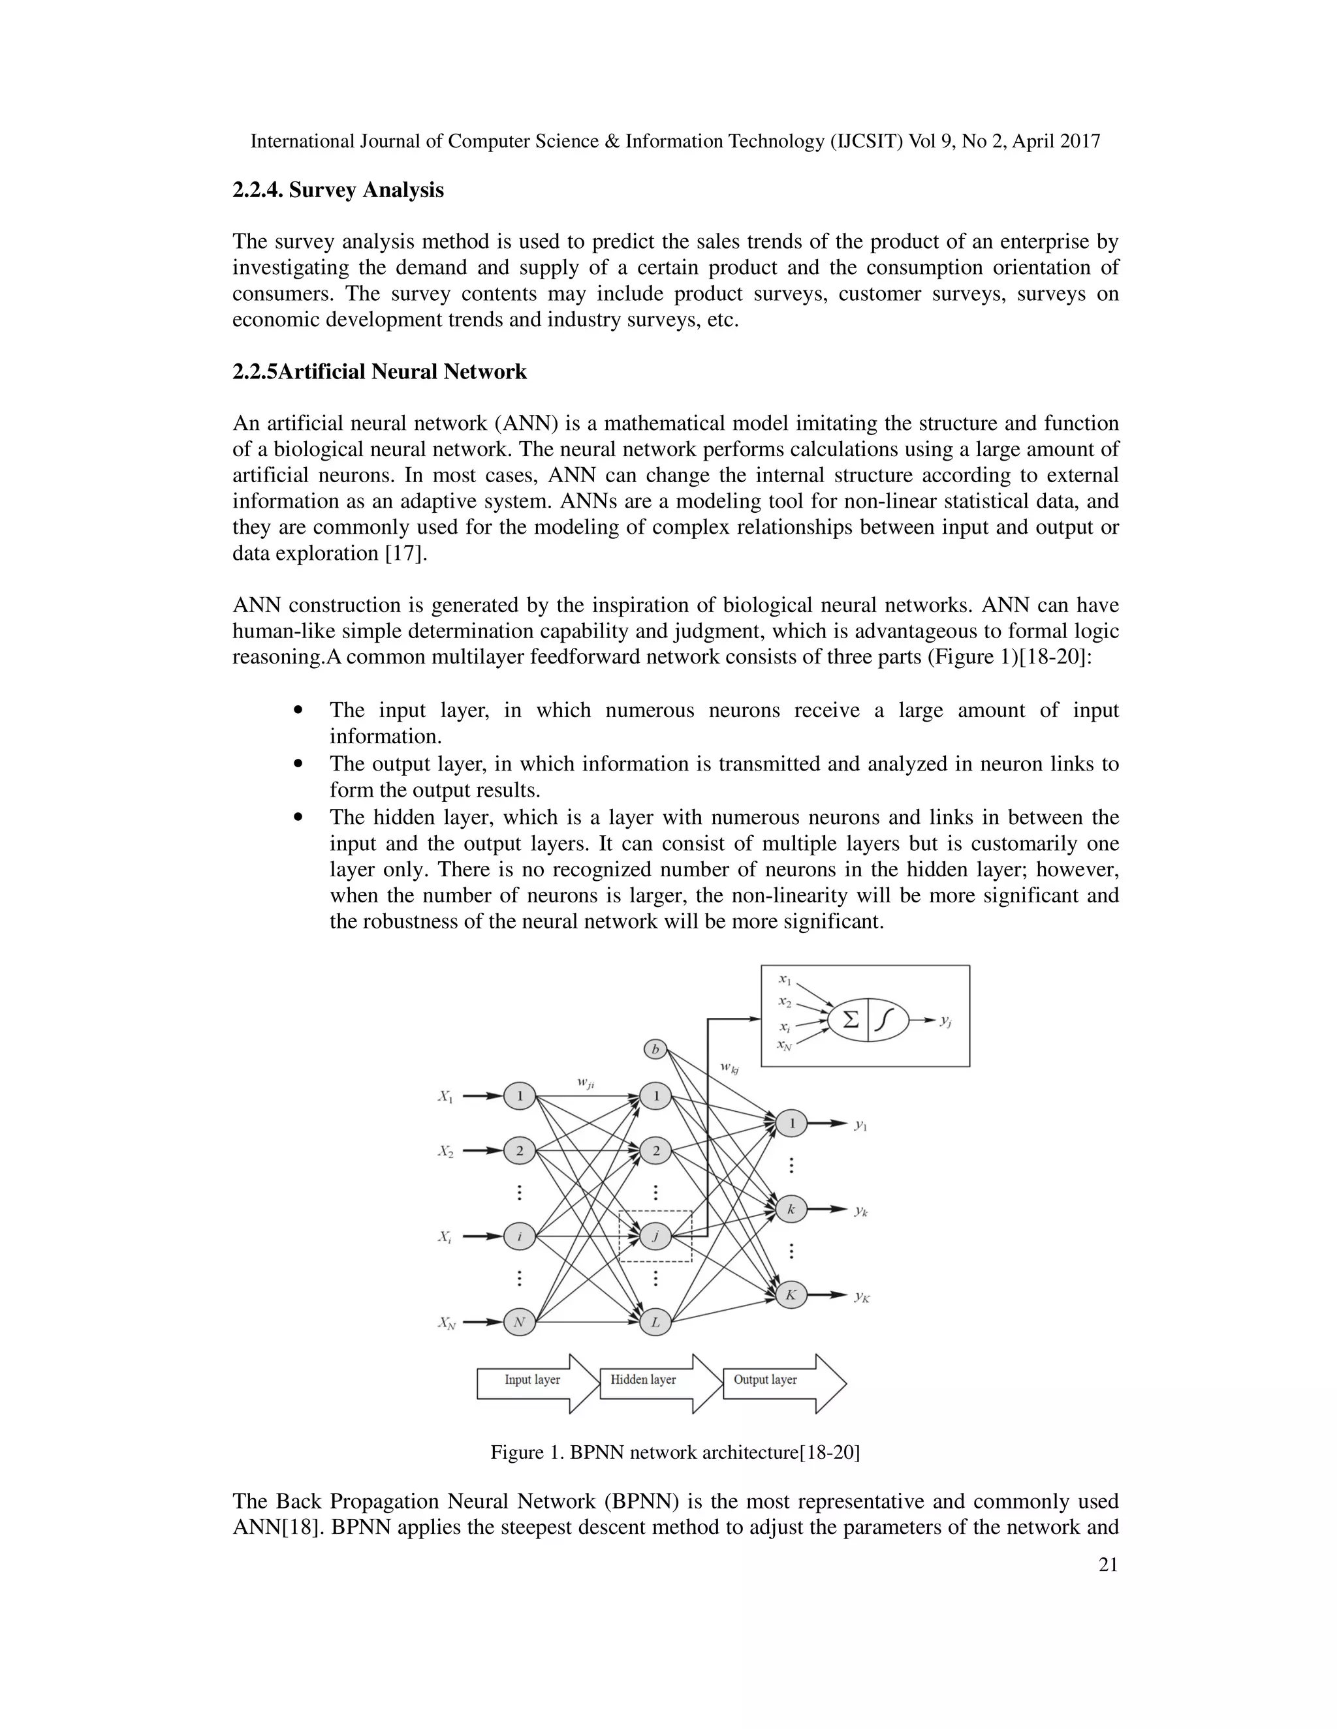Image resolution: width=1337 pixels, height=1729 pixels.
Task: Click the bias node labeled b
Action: click(655, 1050)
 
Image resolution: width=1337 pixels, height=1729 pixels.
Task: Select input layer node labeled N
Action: click(519, 1321)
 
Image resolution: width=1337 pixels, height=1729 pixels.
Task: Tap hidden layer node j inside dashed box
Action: click(655, 1236)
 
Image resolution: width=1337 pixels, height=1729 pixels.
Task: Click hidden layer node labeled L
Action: click(655, 1321)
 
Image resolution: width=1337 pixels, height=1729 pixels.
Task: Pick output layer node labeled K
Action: click(791, 1295)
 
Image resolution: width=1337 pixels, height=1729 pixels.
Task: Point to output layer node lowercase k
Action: click(791, 1209)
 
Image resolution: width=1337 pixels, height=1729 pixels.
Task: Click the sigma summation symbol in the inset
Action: click(851, 1020)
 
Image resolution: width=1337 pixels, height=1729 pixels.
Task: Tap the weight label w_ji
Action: click(586, 1082)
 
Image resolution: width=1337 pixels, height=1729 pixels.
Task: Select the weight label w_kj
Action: click(729, 1068)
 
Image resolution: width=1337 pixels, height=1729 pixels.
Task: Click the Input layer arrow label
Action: click(532, 1380)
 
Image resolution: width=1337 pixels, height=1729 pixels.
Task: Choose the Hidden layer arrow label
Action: click(643, 1380)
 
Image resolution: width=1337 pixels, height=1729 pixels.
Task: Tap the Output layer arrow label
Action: click(765, 1380)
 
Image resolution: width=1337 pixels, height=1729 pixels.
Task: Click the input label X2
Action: click(446, 1151)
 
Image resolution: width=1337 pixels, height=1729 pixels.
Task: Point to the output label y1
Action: click(861, 1124)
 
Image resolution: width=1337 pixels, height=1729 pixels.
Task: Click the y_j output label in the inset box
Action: click(946, 1021)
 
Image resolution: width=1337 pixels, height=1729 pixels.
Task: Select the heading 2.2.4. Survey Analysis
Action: click(338, 190)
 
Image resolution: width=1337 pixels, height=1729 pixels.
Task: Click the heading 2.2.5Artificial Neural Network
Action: click(379, 371)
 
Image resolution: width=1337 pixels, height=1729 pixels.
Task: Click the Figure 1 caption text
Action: click(675, 1452)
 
